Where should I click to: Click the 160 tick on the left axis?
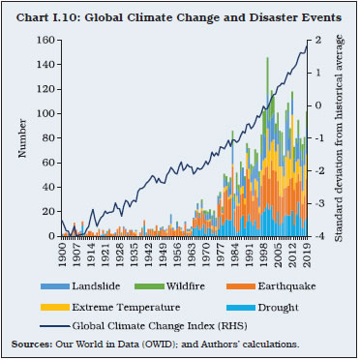pyautogui.click(x=45, y=41)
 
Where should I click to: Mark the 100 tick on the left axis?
pyautogui.click(x=45, y=114)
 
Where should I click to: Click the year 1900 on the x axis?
pyautogui.click(x=62, y=253)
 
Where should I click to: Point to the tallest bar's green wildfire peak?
pyautogui.click(x=267, y=61)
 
